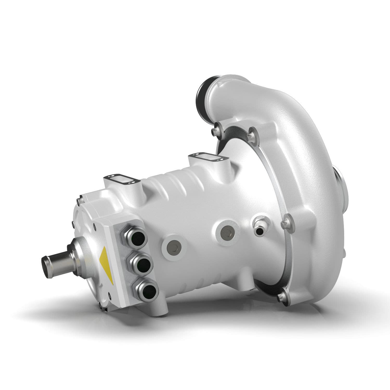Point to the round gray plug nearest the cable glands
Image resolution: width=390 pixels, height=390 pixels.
(x=173, y=246)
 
